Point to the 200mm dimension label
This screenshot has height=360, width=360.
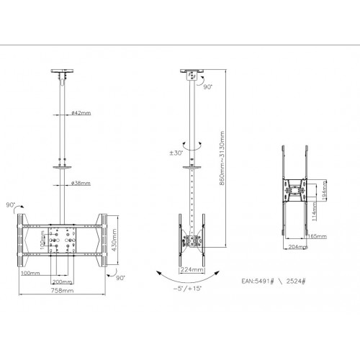click(x=60, y=282)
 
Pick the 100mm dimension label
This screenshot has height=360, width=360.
click(x=30, y=274)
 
